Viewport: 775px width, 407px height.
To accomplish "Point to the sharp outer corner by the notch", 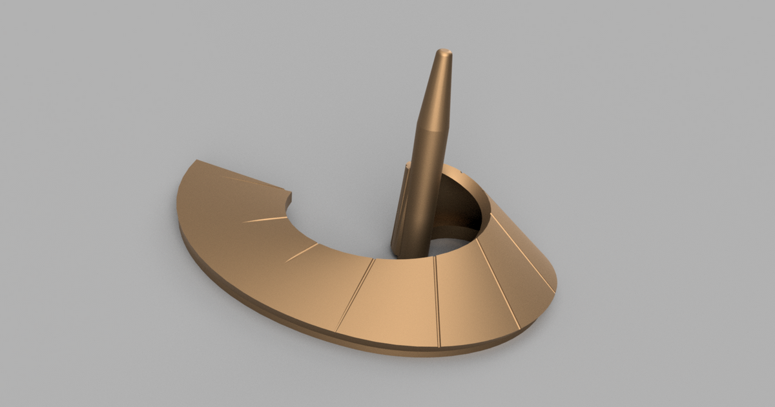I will [197, 161].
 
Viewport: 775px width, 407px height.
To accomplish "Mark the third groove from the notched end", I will [302, 253].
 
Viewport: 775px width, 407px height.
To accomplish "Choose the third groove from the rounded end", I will [437, 300].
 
